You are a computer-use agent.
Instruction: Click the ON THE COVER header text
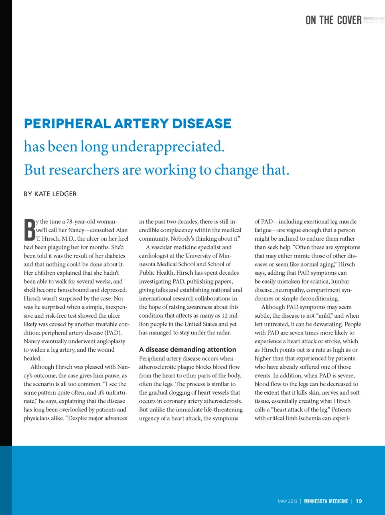333,20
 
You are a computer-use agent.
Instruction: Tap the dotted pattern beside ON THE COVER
373,20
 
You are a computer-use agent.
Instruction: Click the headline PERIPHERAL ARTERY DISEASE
128,124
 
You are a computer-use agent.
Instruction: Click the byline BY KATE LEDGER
50,194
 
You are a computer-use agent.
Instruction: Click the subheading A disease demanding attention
187,349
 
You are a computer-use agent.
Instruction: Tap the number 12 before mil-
225,315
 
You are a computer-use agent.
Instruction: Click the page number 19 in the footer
359,501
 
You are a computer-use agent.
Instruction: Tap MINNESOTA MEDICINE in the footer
326,501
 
